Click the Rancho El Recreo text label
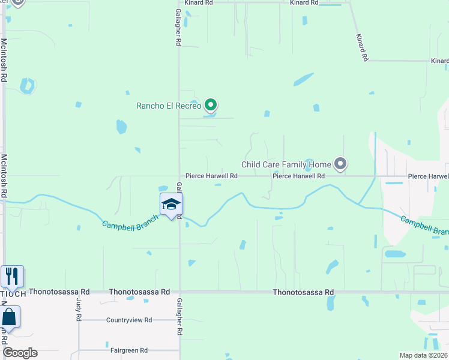(169, 106)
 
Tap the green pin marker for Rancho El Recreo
(210, 106)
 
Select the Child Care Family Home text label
(286, 164)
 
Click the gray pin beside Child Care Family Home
(341, 164)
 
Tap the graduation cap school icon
(171, 205)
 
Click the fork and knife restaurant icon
(12, 276)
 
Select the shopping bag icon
(9, 317)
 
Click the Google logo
(20, 353)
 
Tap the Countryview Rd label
(129, 320)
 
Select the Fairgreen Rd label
(129, 350)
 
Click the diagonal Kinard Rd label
(361, 48)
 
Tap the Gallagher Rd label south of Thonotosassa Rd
(179, 316)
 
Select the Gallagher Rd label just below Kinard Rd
(178, 27)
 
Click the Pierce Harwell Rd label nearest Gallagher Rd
(211, 176)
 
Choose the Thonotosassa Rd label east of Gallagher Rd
(303, 292)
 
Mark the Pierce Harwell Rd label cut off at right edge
(428, 176)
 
